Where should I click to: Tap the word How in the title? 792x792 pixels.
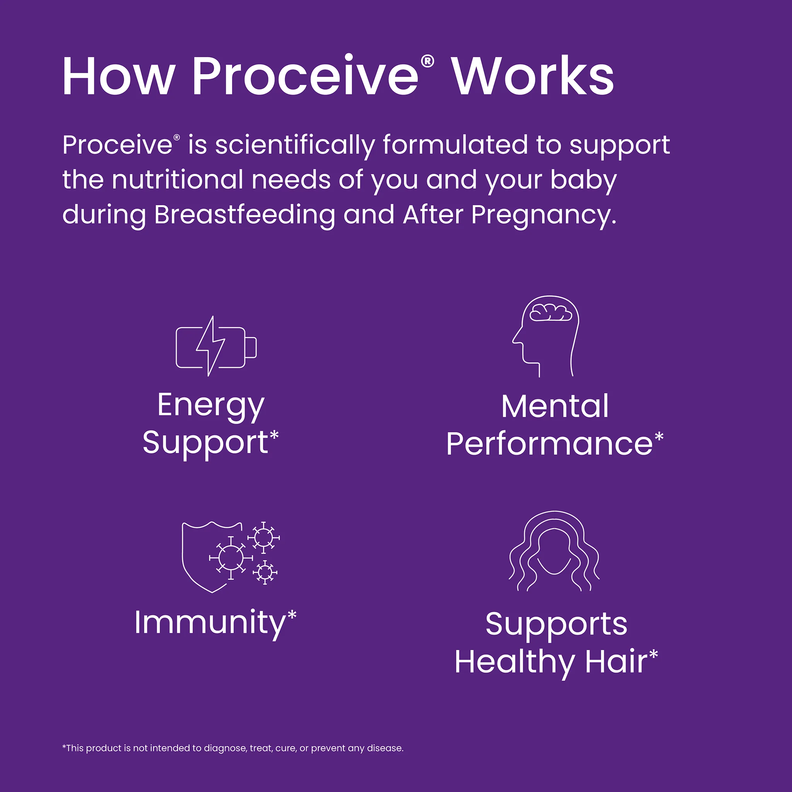click(x=119, y=77)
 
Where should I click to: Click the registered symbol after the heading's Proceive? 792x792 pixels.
click(x=428, y=61)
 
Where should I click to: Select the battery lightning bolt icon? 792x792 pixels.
click(x=216, y=347)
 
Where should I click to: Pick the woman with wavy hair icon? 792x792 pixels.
click(x=554, y=551)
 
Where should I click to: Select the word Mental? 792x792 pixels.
click(x=555, y=407)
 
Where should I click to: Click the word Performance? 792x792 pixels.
click(x=549, y=444)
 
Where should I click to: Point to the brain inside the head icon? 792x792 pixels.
click(x=550, y=314)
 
